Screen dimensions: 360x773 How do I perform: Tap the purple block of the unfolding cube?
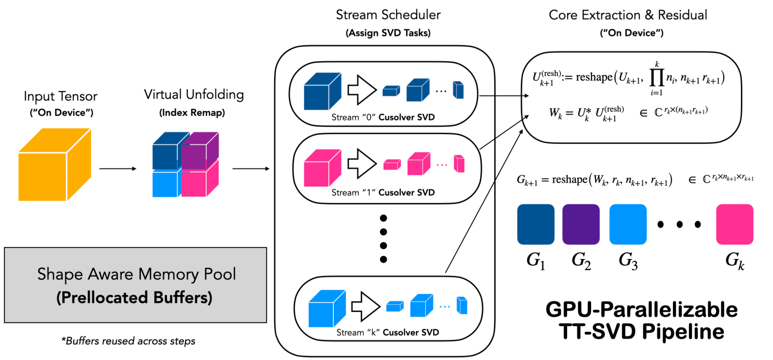200,151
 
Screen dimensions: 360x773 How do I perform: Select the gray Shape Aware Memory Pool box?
136,285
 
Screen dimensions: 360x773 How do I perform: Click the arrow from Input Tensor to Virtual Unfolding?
117,169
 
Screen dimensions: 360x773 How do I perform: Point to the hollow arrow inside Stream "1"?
362,163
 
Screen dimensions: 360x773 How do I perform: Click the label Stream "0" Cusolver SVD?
383,117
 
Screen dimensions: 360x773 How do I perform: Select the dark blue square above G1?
536,224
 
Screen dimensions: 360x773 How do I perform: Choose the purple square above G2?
581,224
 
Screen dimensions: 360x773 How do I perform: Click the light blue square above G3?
628,224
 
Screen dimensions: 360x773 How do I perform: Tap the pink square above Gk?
734,224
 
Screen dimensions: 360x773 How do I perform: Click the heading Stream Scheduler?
388,15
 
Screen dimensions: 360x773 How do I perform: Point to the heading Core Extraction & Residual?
628,15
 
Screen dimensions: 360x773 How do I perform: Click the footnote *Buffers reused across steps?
128,341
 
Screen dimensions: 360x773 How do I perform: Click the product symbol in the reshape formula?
657,77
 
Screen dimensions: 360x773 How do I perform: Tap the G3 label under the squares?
628,260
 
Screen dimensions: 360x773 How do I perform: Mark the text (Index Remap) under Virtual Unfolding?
192,113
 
